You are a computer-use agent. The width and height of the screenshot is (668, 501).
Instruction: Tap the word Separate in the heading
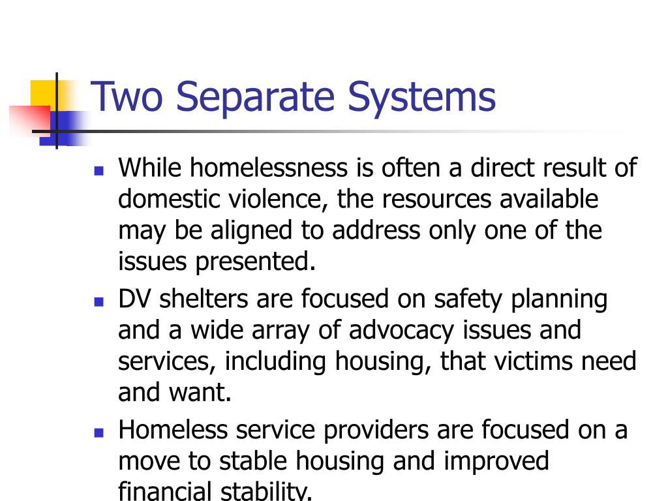click(255, 97)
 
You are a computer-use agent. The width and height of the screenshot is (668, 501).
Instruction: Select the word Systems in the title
click(421, 97)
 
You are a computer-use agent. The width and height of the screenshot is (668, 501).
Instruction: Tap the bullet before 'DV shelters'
click(99, 303)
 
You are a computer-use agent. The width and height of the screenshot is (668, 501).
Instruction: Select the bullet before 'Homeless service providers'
click(99, 433)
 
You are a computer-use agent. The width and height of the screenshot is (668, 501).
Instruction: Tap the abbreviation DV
click(136, 299)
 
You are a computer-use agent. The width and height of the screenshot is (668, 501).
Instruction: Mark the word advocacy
click(401, 330)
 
